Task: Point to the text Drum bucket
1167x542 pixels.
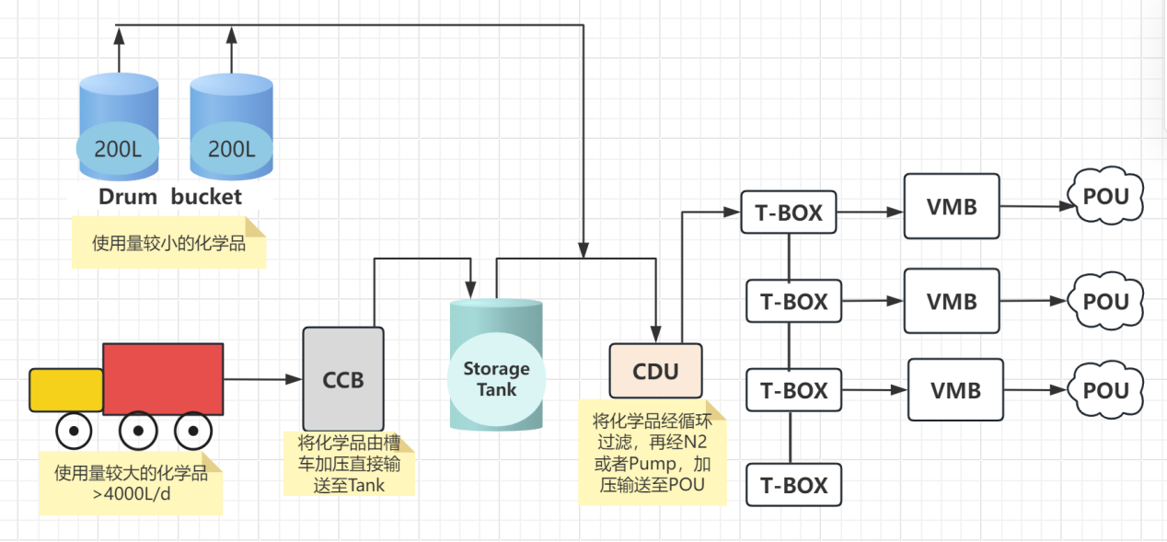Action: coord(170,196)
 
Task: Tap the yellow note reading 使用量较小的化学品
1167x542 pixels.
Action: coord(168,244)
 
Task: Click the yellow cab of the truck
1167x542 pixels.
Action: coord(66,389)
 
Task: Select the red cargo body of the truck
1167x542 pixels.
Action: coord(163,378)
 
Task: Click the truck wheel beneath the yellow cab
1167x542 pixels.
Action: coord(73,430)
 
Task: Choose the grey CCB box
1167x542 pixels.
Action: coord(343,379)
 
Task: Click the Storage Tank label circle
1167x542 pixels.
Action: coord(496,378)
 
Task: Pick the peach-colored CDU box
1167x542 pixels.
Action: coord(655,371)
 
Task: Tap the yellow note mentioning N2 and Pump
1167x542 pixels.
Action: coord(652,453)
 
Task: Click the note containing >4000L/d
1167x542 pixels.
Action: coord(131,484)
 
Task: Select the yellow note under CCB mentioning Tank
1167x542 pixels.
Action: coord(349,463)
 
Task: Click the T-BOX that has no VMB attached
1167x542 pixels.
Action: coord(793,485)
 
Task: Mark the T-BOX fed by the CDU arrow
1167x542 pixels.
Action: coord(788,213)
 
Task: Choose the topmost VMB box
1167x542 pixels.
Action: coord(952,207)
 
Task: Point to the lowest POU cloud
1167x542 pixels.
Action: coord(1105,390)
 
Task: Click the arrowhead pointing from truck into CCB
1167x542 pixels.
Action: coord(295,379)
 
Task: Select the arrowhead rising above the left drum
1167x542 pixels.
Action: coord(119,35)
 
